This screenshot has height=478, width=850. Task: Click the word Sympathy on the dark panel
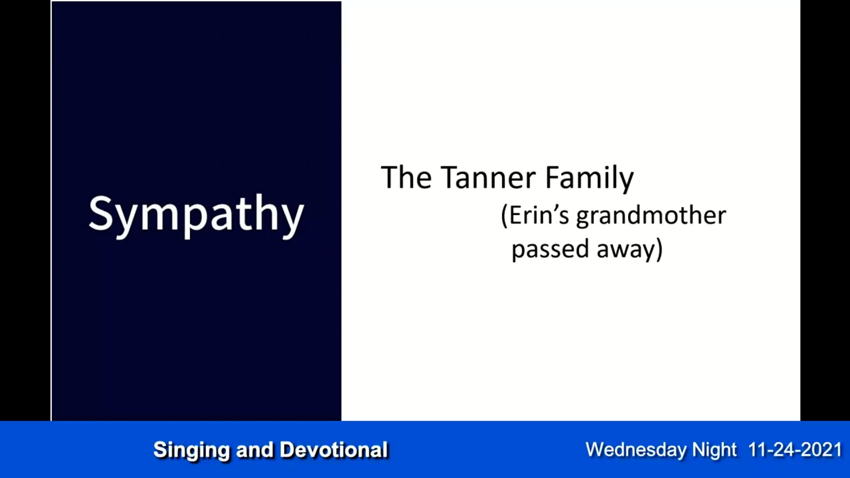click(x=196, y=216)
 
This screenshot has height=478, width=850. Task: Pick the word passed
click(x=550, y=249)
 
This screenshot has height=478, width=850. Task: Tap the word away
click(x=626, y=250)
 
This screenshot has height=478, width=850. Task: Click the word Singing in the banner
click(x=192, y=450)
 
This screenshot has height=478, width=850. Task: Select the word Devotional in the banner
click(x=334, y=450)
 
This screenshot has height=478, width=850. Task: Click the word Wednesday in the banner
click(x=636, y=450)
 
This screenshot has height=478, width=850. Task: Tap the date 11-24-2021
click(x=795, y=450)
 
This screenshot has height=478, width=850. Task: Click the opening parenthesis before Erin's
click(x=504, y=216)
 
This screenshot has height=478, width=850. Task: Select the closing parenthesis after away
click(x=659, y=249)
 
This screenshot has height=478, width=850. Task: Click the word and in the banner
click(x=255, y=450)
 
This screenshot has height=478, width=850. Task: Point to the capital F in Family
click(x=553, y=177)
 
